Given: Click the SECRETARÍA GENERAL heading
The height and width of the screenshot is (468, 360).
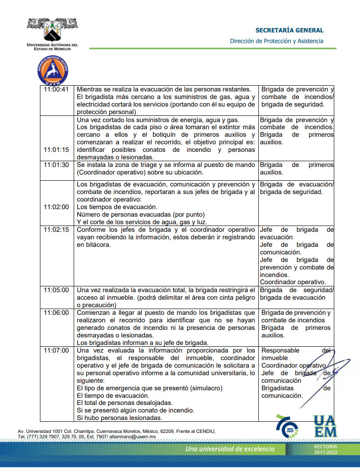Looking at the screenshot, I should pos(289,31).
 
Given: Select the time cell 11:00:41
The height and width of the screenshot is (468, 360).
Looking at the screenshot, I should pos(56,89).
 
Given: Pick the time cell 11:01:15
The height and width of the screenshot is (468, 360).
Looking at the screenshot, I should pos(56,150).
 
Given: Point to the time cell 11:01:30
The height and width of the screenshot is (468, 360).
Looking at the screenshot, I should pos(56,165).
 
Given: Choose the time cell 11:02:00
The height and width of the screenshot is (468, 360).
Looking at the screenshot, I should pos(56,207).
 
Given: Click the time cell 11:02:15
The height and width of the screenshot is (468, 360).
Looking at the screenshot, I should pos(56,230).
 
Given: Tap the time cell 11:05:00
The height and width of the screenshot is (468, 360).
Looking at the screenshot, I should pos(56,290).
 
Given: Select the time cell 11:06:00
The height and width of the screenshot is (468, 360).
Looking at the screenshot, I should pos(56,313).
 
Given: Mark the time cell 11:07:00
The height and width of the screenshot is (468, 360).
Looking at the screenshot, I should pos(56,350).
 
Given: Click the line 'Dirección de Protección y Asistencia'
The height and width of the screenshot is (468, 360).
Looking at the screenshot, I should pos(277,41).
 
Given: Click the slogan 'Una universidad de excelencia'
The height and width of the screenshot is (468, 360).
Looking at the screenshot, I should pos(230,449).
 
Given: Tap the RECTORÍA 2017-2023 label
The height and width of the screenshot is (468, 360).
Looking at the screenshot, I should pos(325,449).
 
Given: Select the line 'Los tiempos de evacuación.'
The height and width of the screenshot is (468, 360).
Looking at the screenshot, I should pos(117,207).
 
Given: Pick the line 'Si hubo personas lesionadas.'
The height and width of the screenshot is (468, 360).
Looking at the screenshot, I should pos(119,418).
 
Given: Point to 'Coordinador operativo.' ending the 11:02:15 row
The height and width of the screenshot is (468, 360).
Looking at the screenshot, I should pos(293,282).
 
